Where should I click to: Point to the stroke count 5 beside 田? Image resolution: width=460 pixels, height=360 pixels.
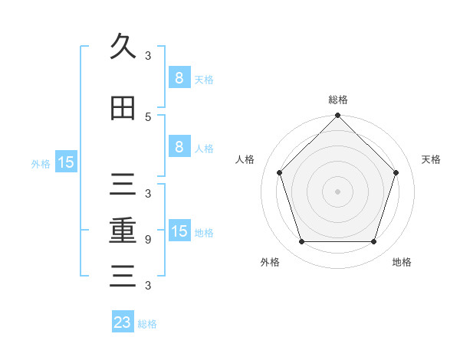148,116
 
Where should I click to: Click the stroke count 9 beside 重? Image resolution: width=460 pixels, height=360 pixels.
148,239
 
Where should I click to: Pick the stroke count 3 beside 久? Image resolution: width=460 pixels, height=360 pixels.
148,55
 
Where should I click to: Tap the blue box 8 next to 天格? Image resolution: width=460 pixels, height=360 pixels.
179,78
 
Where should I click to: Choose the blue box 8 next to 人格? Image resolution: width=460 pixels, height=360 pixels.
179,147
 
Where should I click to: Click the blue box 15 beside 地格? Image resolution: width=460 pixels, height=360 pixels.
179,231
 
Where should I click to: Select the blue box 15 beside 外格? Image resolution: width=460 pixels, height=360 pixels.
66,162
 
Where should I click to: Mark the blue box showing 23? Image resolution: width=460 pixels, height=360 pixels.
123,322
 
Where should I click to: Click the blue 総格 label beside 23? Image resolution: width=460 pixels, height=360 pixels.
147,323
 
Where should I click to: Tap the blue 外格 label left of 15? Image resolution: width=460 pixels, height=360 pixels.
41,163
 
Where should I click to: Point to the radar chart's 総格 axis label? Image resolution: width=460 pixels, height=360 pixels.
338,100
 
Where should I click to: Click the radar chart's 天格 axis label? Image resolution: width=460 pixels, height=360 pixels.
431,159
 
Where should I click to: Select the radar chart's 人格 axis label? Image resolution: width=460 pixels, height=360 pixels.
245,159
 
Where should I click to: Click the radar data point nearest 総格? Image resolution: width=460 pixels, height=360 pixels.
338,116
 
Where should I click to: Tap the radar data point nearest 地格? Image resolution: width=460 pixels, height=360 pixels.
374,242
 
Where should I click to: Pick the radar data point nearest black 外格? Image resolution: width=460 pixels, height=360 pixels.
301,242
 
